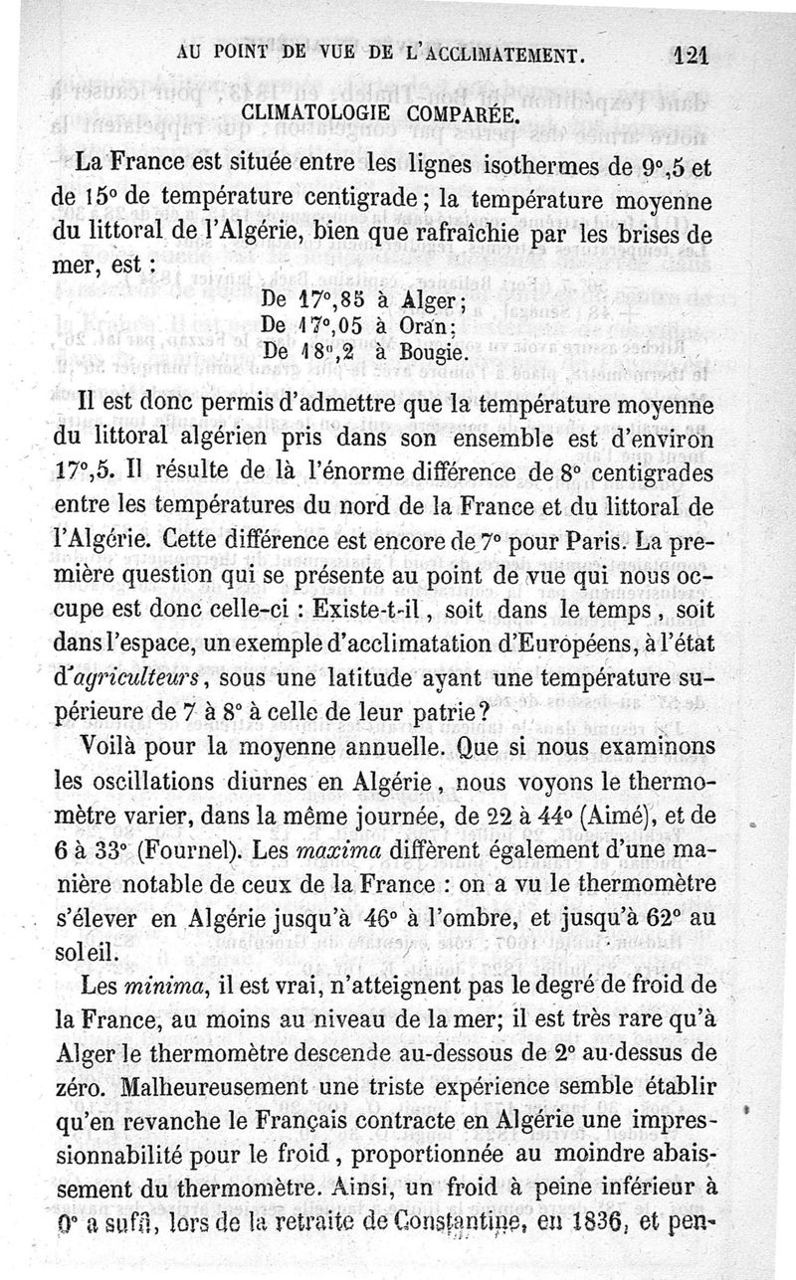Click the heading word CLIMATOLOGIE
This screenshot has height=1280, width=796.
[308, 112]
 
